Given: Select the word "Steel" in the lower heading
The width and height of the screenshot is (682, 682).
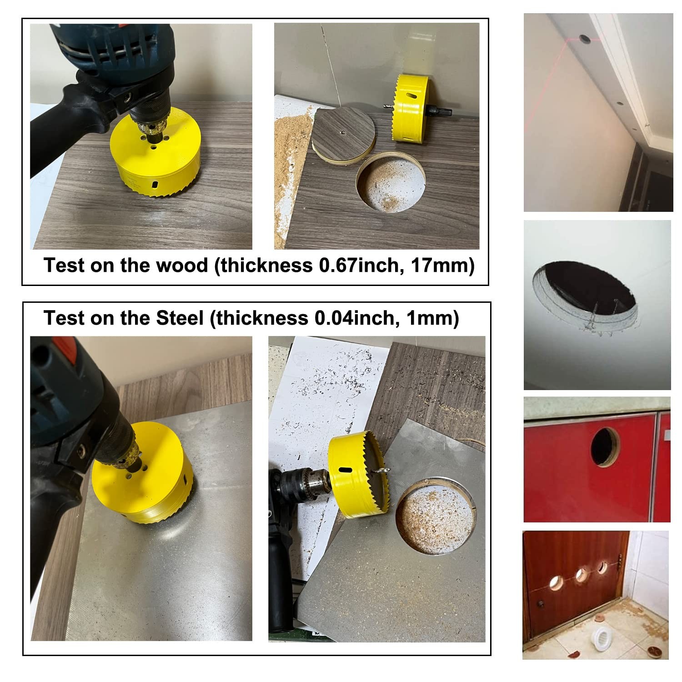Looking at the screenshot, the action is (179, 318).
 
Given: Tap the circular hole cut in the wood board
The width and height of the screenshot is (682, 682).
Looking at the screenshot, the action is (390, 182).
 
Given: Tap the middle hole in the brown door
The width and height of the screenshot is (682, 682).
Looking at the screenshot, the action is (581, 575).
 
